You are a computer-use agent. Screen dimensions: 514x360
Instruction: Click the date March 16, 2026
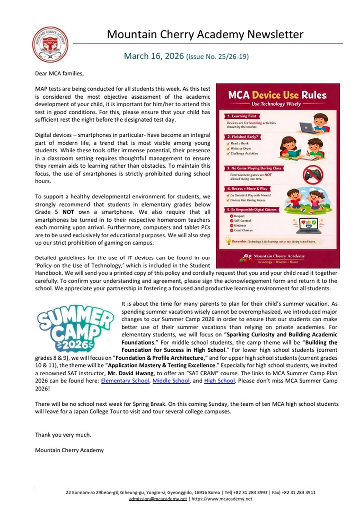point(154,56)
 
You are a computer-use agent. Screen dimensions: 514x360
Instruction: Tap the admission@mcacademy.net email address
point(158,499)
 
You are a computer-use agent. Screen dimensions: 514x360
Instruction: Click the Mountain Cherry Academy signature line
point(69,450)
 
